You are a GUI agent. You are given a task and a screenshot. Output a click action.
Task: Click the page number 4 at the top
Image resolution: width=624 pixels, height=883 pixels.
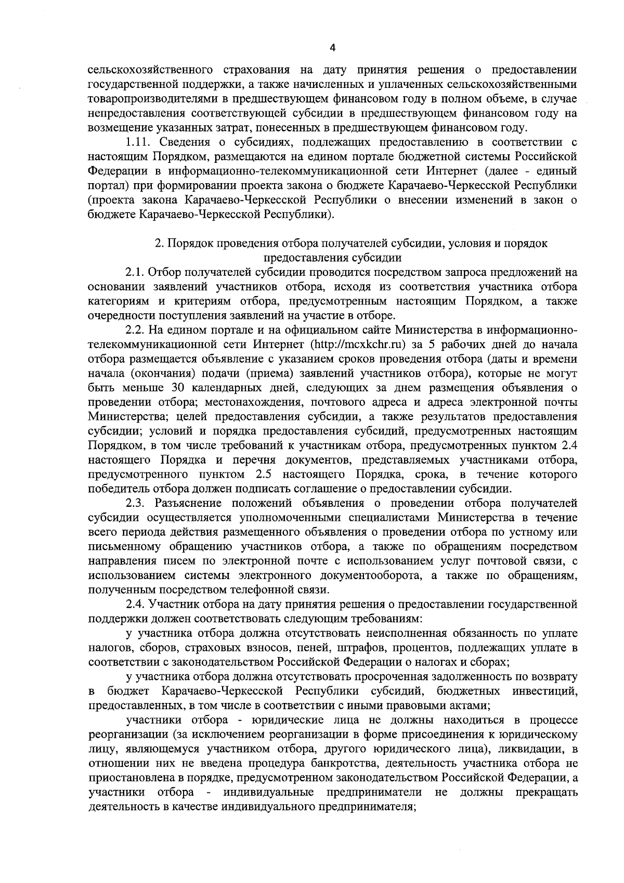(x=332, y=48)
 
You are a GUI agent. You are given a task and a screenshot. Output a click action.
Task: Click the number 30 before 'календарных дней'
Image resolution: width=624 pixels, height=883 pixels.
(x=176, y=388)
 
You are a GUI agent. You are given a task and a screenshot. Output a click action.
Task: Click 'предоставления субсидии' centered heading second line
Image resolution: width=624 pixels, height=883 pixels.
(x=333, y=257)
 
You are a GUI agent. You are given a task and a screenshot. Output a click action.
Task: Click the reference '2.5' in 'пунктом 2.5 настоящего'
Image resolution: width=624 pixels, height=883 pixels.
(x=265, y=475)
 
